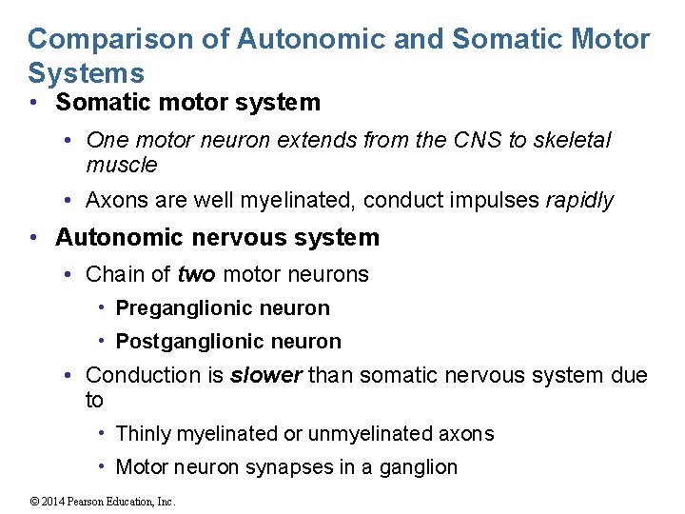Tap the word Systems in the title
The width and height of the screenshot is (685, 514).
click(x=87, y=73)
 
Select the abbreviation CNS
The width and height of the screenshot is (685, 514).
click(x=477, y=140)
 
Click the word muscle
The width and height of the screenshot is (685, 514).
click(x=121, y=165)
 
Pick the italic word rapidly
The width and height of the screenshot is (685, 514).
click(x=579, y=201)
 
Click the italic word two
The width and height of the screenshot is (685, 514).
click(x=197, y=275)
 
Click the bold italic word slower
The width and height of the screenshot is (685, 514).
click(x=266, y=375)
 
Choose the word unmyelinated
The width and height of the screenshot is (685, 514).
click(x=360, y=434)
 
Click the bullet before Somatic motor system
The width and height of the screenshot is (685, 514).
click(x=33, y=103)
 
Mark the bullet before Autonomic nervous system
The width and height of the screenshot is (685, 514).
click(x=33, y=238)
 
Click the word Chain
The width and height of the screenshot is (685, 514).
click(x=114, y=275)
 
